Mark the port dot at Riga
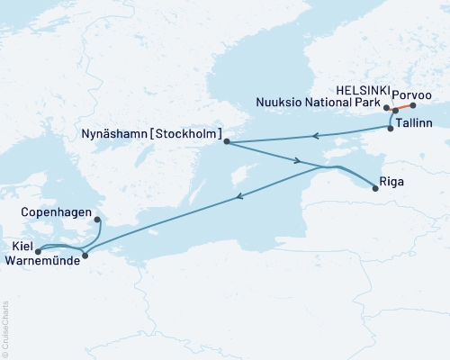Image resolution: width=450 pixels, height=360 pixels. [x=375, y=188]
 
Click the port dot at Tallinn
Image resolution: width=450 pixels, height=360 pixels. [x=390, y=129]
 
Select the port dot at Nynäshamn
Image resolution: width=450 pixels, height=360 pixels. [x=226, y=141]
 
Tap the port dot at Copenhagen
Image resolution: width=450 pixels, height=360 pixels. [x=96, y=218]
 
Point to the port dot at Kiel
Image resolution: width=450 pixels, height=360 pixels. [x=38, y=251]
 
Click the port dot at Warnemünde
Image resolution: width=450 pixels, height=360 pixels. [x=85, y=256]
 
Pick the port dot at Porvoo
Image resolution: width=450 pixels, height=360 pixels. [x=413, y=104]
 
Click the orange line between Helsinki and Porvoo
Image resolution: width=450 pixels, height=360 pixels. [x=404, y=107]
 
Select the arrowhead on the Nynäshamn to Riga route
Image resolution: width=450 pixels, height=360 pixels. [x=298, y=161]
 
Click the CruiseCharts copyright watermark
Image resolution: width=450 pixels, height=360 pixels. [x=5, y=329]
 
